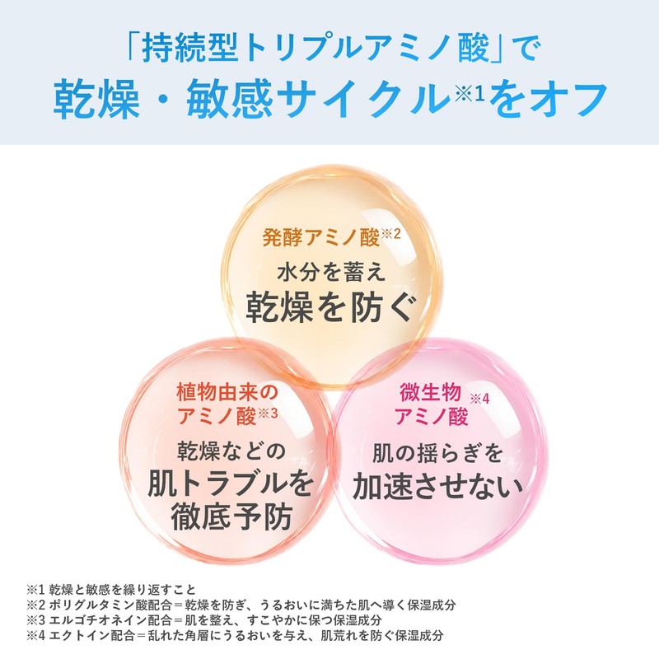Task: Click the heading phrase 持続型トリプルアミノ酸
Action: [x=315, y=48]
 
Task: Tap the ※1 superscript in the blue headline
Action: [x=470, y=93]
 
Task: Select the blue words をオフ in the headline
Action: [x=548, y=99]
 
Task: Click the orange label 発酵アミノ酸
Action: [x=321, y=237]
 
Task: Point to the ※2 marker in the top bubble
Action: [x=390, y=234]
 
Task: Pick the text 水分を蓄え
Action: [x=331, y=272]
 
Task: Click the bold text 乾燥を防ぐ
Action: [x=331, y=307]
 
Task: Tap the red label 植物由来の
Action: [x=227, y=392]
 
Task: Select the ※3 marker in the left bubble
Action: [x=268, y=414]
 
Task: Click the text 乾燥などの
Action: [x=231, y=451]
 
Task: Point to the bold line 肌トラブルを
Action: [x=231, y=484]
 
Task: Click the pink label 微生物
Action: [x=430, y=392]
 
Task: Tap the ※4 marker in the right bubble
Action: [x=479, y=399]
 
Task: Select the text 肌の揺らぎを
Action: [x=437, y=453]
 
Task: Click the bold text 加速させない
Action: [x=438, y=487]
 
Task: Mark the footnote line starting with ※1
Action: [x=111, y=590]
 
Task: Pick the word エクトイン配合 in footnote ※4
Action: [x=92, y=635]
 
